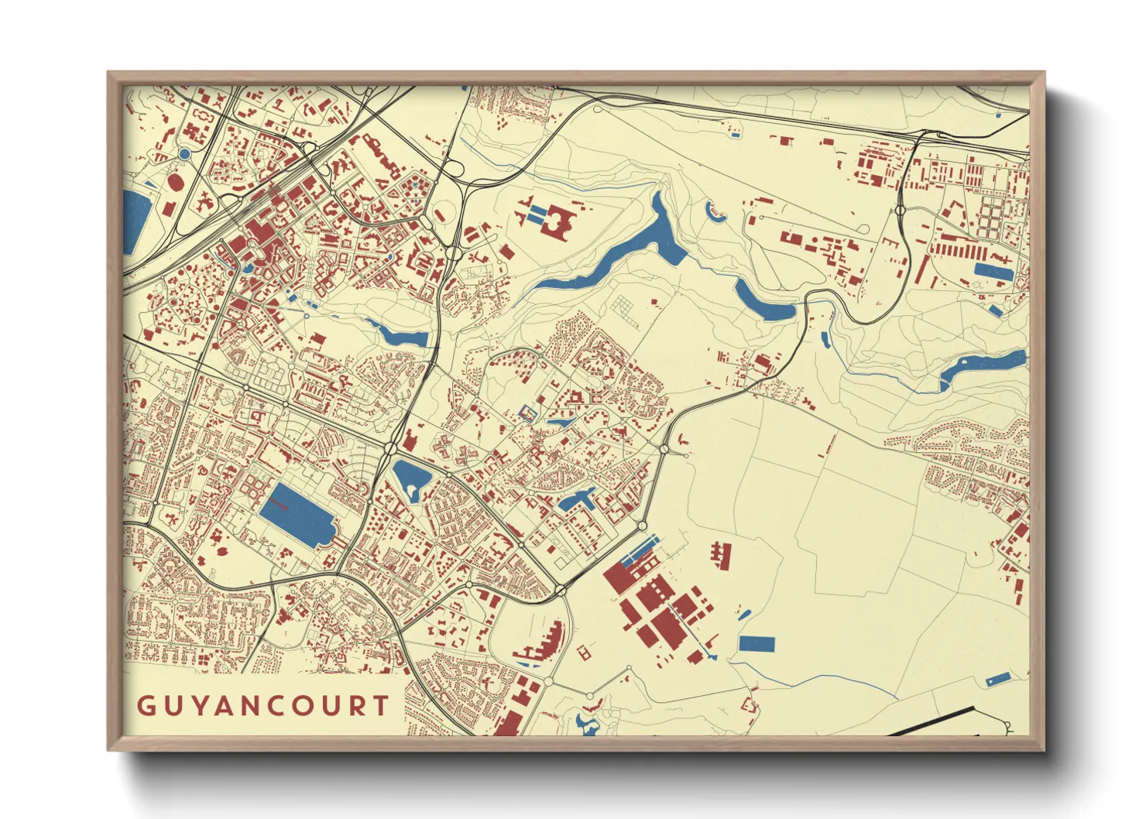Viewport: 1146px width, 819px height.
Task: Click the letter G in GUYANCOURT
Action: tap(146, 706)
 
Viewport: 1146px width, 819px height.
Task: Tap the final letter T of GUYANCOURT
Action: tap(379, 706)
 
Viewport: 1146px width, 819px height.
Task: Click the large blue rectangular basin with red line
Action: tap(295, 515)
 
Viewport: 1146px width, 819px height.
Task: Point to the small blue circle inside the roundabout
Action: tap(184, 154)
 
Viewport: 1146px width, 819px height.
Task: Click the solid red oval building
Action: tap(175, 183)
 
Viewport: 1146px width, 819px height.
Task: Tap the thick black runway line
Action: tap(929, 721)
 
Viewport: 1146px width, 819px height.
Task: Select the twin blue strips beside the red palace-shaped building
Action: tap(534, 212)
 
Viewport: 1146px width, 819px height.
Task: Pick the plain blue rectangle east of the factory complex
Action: tap(757, 644)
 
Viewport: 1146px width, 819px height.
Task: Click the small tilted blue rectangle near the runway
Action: tap(998, 679)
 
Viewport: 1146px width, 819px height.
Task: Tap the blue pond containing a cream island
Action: tap(411, 480)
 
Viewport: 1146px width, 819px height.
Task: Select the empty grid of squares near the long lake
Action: tap(623, 311)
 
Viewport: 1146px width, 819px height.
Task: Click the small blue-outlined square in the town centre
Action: tap(527, 413)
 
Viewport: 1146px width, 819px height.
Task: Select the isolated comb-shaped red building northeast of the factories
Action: tap(722, 554)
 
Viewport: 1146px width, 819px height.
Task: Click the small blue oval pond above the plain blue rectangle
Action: tap(744, 615)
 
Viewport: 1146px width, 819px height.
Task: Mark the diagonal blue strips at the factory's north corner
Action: tap(640, 549)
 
